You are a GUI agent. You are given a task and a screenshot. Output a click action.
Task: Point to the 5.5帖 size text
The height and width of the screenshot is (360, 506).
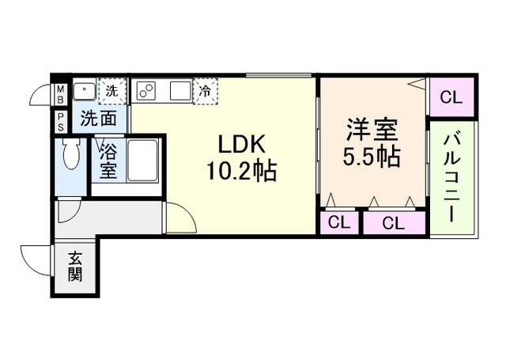point(370,156)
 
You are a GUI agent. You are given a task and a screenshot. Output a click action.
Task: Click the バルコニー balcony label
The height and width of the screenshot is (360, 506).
point(452,177)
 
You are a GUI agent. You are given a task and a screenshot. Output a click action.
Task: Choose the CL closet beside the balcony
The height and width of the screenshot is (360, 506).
point(451,97)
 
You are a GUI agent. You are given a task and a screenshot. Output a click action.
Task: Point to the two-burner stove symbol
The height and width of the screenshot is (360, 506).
point(147,91)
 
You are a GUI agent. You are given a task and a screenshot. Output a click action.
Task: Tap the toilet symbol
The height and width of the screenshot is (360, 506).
point(70,157)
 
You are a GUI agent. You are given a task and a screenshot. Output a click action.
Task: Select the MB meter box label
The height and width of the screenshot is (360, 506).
point(59,96)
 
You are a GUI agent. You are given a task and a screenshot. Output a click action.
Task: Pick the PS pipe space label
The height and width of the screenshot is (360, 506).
point(59,122)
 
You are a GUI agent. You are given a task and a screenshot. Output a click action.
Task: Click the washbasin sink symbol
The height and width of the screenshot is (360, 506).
point(84,91)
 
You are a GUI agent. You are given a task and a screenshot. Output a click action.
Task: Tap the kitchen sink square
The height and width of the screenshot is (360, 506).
point(180,91)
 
